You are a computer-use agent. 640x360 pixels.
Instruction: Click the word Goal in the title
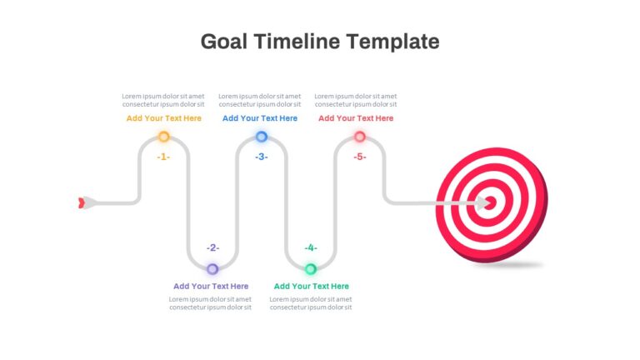point(223,42)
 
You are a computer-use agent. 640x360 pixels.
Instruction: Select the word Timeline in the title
point(297,41)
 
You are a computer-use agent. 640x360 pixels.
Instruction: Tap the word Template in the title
point(393,42)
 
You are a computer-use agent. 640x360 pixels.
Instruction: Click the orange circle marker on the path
point(163,137)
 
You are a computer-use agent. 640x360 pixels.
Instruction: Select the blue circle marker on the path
point(262,137)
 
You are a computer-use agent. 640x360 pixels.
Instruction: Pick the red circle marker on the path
point(360,137)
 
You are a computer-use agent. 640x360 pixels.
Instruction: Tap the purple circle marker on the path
point(212,269)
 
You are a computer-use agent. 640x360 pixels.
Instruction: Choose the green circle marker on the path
point(311,269)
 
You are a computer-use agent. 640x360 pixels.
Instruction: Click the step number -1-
point(163,157)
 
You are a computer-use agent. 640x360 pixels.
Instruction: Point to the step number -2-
point(212,247)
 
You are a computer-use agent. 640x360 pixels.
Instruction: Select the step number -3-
point(261,157)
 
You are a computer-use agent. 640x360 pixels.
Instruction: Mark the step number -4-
point(311,247)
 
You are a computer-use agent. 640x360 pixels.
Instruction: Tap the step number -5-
point(360,157)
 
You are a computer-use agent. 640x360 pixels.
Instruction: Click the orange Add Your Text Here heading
point(163,118)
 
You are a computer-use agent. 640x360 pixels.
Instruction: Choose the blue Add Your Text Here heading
point(260,118)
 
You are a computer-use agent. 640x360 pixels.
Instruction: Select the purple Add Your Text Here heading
point(211,286)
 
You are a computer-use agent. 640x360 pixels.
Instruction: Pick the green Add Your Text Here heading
point(311,286)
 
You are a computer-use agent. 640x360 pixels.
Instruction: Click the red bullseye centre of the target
point(491,202)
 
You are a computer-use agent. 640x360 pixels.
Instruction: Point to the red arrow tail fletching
point(81,202)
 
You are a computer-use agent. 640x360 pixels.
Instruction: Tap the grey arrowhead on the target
point(482,202)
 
